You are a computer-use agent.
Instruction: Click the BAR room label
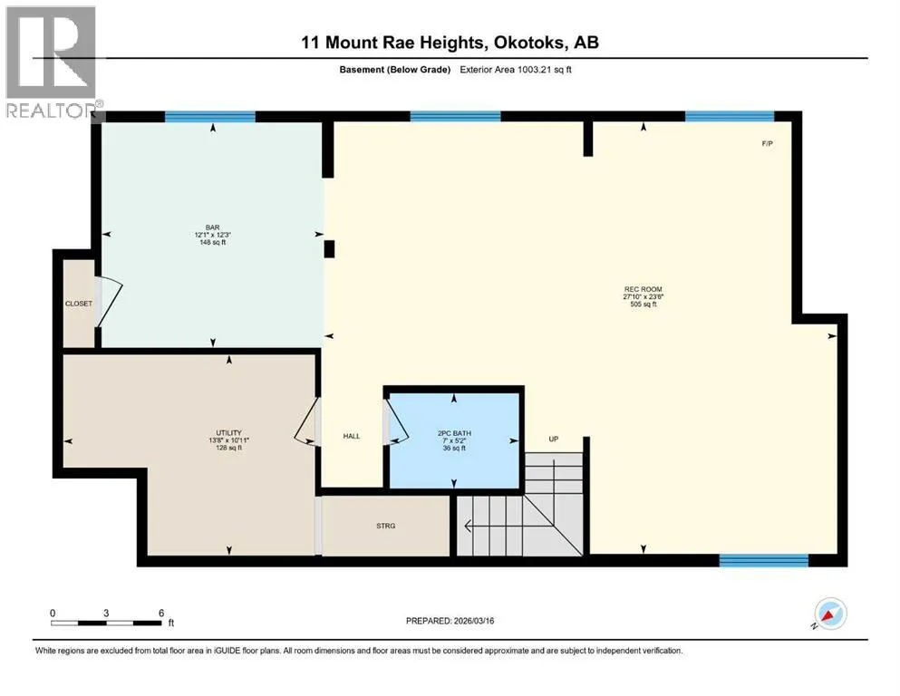212,227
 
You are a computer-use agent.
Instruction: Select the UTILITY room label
228,432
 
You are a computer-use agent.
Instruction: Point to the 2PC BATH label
454,433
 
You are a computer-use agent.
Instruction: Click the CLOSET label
79,304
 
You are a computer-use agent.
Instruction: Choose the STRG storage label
386,526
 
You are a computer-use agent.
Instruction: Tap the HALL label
352,436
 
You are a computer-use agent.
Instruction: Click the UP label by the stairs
553,439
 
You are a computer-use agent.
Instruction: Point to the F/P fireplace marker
768,143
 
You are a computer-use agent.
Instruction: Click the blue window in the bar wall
210,117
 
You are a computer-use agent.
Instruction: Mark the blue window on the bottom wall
764,560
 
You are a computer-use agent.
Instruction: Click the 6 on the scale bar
161,613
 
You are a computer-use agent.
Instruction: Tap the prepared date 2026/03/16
474,621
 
